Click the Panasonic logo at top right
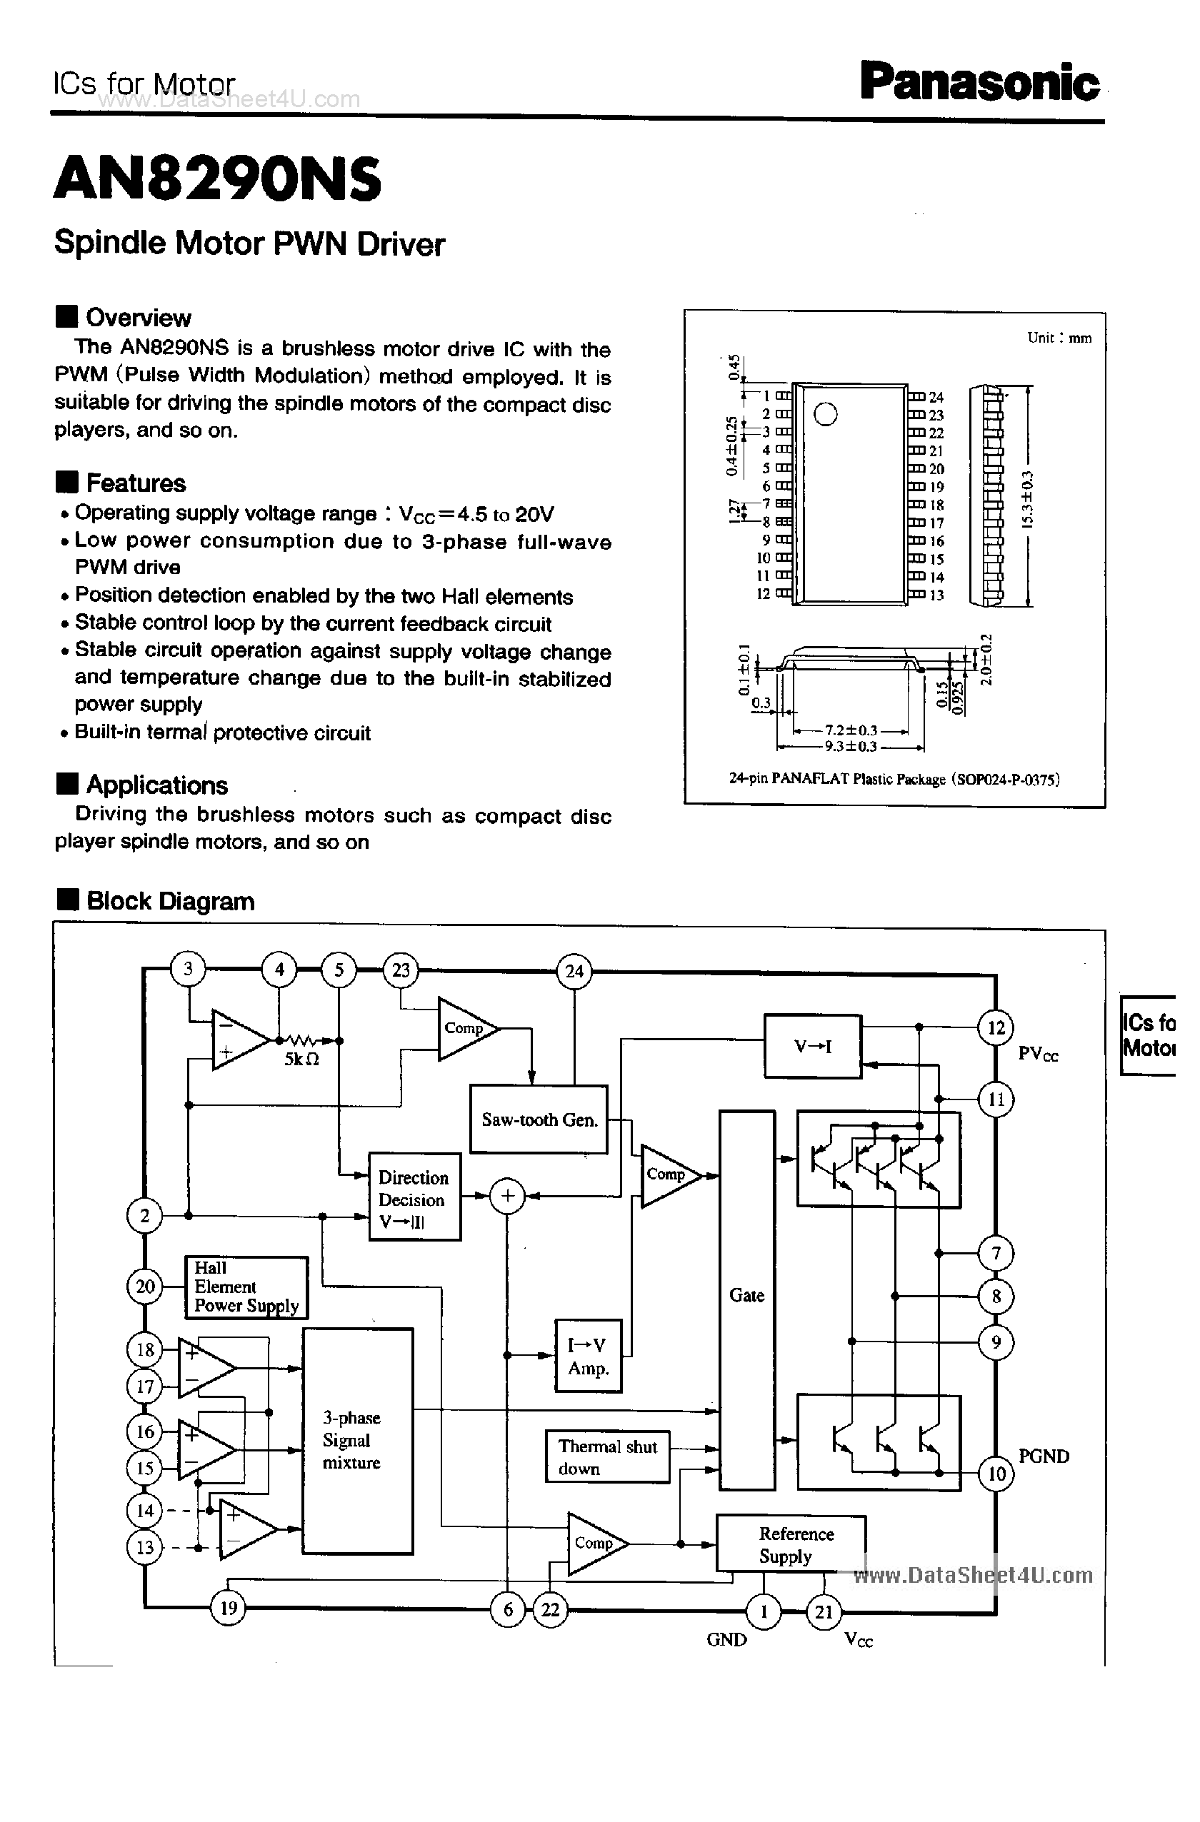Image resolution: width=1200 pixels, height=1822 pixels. click(979, 83)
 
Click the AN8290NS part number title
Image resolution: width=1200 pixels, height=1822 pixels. click(217, 179)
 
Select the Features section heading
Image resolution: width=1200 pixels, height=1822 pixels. click(136, 483)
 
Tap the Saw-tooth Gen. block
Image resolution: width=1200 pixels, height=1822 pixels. click(539, 1119)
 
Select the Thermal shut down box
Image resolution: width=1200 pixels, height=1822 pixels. click(607, 1457)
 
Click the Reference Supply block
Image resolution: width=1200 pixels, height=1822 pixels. click(790, 1544)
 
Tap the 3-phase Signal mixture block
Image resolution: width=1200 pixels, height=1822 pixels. click(358, 1440)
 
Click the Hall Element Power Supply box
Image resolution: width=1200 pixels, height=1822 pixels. click(246, 1287)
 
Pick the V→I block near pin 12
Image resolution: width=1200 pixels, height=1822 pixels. click(813, 1046)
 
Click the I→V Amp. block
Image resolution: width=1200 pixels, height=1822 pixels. click(587, 1356)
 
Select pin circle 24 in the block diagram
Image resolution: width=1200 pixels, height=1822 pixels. click(574, 972)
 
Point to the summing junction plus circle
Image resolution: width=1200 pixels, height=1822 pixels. click(507, 1196)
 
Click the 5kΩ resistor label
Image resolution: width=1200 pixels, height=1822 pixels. click(301, 1060)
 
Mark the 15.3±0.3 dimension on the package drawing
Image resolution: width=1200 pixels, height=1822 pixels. click(1028, 499)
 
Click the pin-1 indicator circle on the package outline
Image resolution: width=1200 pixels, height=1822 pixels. click(825, 414)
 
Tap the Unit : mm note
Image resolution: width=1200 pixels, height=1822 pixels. click(1059, 338)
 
